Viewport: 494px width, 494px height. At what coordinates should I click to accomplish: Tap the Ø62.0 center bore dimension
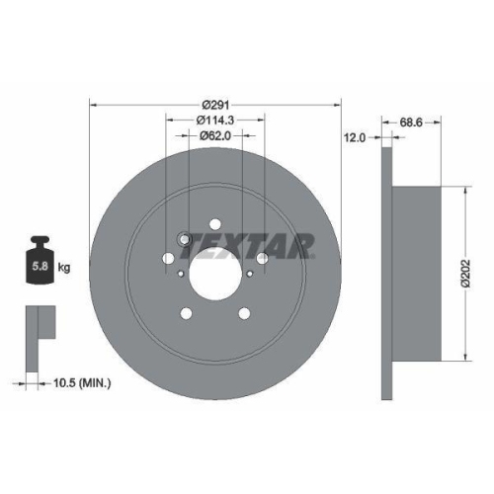tap(214, 135)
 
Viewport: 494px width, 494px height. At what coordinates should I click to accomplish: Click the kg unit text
tap(63, 268)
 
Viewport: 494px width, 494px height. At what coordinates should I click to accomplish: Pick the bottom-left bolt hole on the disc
tap(186, 314)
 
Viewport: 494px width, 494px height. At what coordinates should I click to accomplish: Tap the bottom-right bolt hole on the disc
tap(243, 314)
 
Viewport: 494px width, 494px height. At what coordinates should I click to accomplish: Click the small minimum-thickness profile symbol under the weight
tap(37, 323)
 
